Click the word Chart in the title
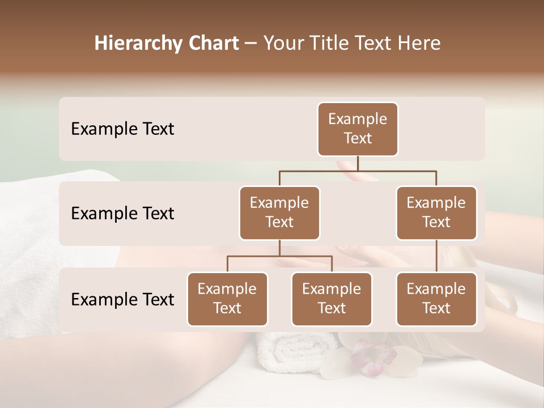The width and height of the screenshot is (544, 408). (214, 43)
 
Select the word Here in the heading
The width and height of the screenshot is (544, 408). (419, 43)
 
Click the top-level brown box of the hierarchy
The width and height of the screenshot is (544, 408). (358, 129)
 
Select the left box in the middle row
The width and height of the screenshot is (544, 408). (279, 212)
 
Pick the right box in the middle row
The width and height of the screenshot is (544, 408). (436, 212)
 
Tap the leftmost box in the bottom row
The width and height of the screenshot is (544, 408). (227, 299)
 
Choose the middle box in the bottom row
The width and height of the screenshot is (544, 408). (331, 299)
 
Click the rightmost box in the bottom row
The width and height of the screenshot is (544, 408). (436, 299)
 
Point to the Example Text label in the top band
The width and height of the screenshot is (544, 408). (122, 129)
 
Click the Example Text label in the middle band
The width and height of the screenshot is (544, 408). (122, 213)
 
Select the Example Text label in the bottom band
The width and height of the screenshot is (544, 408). (122, 299)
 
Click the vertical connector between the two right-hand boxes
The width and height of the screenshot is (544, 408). (436, 256)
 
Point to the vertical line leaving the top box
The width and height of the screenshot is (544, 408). (358, 163)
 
